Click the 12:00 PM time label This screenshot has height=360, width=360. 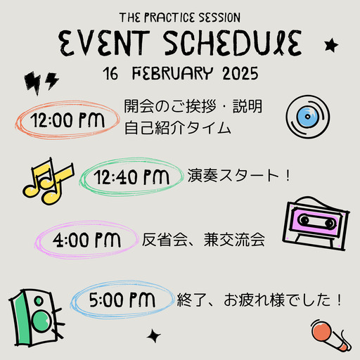click(67, 120)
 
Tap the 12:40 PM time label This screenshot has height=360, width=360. click(131, 177)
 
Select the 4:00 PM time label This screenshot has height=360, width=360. click(86, 240)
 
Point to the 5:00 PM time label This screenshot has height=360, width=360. click(122, 300)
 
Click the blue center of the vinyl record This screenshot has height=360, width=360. click(308, 117)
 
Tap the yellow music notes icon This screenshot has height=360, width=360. click(49, 181)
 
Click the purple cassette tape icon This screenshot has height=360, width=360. click(315, 224)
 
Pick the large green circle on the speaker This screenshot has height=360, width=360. click(41, 321)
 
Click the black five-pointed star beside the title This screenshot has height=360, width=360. click(331, 46)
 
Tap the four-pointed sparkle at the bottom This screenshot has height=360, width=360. click(154, 336)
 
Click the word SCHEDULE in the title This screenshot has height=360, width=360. click(233, 44)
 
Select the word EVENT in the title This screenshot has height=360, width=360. click(104, 44)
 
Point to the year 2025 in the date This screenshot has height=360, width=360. click(240, 74)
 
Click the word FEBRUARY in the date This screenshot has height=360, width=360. click(173, 73)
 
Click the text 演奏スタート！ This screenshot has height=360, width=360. click(239, 175)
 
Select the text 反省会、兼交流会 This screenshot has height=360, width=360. click(203, 240)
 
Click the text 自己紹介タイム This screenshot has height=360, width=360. click(177, 128)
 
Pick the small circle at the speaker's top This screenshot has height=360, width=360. click(39, 301)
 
